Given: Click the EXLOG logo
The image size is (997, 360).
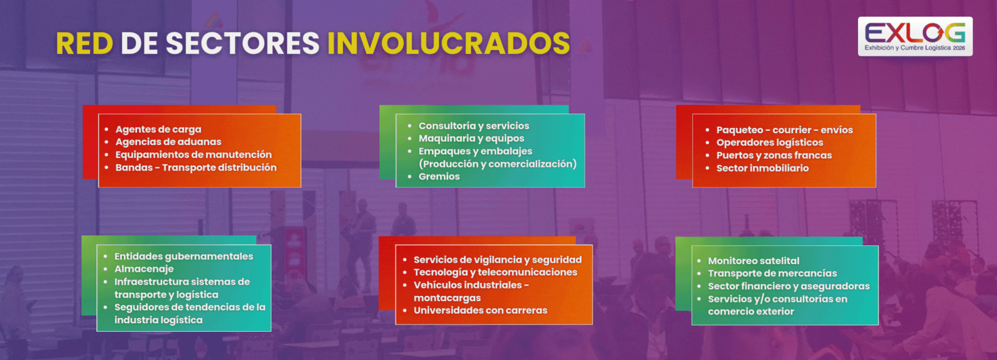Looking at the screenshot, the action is [x=915, y=37].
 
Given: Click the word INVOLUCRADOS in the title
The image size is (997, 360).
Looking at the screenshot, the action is [x=449, y=43].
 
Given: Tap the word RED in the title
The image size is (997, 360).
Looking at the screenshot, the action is [x=85, y=43].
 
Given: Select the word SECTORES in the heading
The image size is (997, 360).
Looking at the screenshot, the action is [x=220, y=43].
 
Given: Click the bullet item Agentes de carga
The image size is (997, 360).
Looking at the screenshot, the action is [x=158, y=130].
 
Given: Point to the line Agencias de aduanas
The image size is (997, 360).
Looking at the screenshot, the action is [x=168, y=142].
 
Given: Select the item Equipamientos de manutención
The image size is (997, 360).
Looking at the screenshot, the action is [x=193, y=155].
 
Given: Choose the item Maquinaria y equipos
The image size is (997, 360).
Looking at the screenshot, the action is [x=471, y=138].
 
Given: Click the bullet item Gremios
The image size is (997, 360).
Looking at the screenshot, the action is [x=439, y=176].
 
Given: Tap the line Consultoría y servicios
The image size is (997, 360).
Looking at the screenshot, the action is [x=474, y=126].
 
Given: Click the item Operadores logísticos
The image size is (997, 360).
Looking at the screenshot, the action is [x=770, y=142].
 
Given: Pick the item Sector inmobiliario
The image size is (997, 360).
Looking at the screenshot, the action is [x=763, y=168].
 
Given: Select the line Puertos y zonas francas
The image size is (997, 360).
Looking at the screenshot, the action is [x=774, y=155].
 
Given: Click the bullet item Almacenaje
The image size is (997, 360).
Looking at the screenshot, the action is [x=144, y=269].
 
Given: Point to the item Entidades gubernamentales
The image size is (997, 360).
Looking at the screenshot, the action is [x=184, y=256].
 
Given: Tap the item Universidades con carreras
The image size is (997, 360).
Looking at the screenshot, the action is [x=480, y=310].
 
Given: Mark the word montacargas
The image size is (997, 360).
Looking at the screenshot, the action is [x=447, y=298].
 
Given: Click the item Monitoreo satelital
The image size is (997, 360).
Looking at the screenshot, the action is [x=753, y=260].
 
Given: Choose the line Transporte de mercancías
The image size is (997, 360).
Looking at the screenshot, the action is [x=772, y=273].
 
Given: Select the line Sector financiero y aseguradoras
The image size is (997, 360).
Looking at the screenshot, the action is [x=789, y=286].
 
